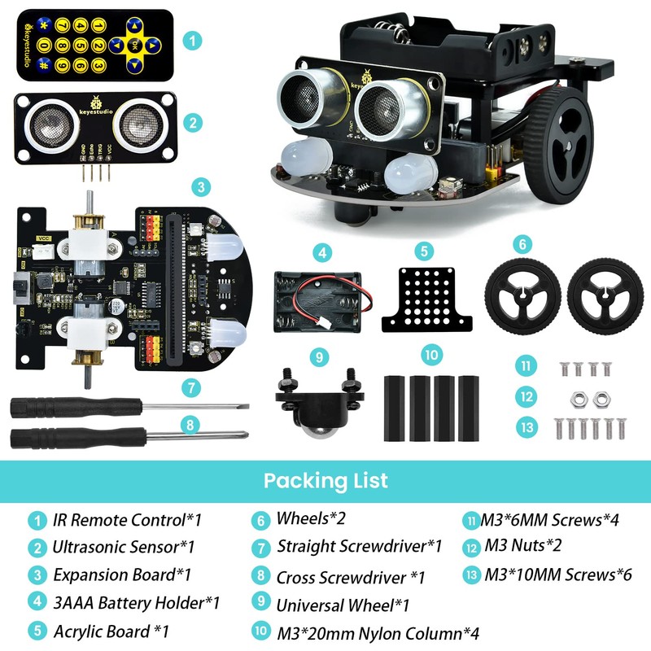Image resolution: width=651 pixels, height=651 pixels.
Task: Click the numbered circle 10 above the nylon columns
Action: [431, 356]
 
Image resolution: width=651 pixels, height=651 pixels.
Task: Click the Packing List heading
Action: [325, 480]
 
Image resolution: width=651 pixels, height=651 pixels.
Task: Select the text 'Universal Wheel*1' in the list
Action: [343, 605]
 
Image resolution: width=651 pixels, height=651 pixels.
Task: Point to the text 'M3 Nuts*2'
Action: [521, 546]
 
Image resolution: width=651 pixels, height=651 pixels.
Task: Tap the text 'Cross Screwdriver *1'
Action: [351, 577]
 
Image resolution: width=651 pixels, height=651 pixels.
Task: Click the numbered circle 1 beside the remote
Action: [193, 38]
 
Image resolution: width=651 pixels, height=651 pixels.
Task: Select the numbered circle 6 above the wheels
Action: [523, 244]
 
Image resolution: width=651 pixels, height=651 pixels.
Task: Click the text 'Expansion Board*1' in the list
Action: [121, 575]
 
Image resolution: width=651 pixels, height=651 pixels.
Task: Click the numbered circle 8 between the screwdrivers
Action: [190, 423]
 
